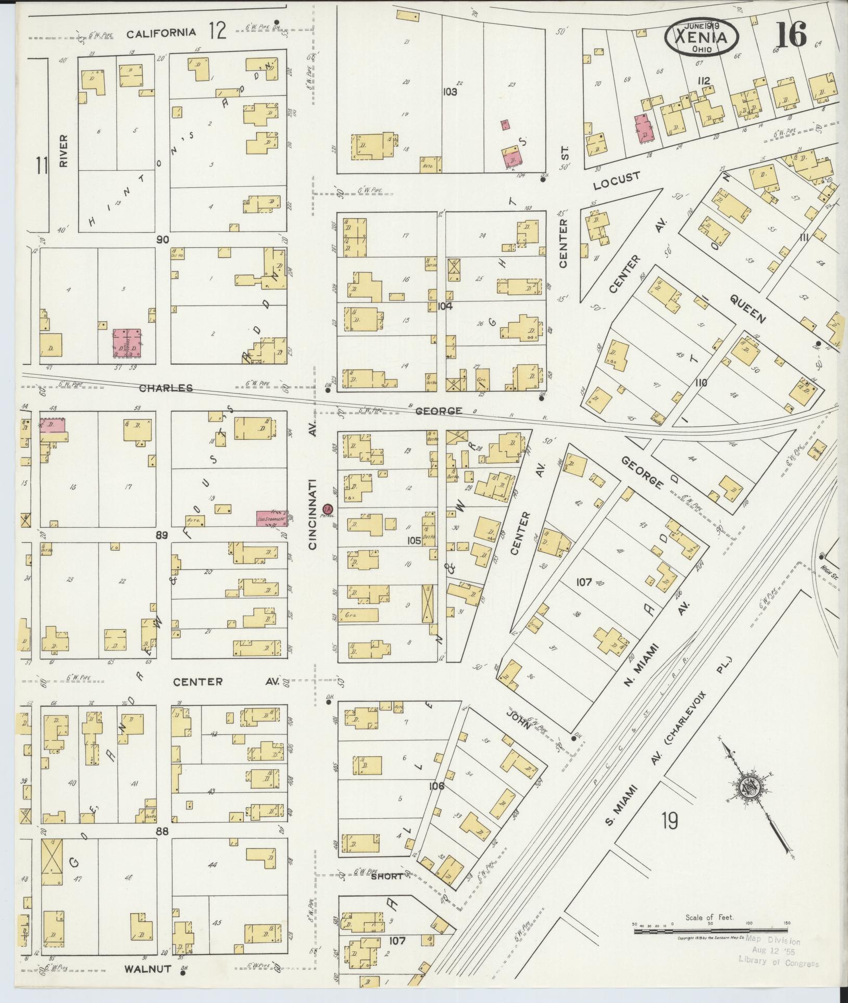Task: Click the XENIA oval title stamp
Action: (x=701, y=37)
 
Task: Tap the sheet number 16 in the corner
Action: (x=791, y=35)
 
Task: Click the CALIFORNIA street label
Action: (x=161, y=33)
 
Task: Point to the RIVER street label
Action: (x=64, y=151)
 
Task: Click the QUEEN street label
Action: (x=747, y=309)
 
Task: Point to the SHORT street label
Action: (x=388, y=876)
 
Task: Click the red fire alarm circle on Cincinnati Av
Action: (x=328, y=508)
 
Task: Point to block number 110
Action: (x=701, y=383)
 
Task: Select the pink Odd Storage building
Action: (x=271, y=519)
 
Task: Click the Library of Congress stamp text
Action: (x=778, y=963)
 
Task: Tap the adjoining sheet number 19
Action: (x=670, y=821)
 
